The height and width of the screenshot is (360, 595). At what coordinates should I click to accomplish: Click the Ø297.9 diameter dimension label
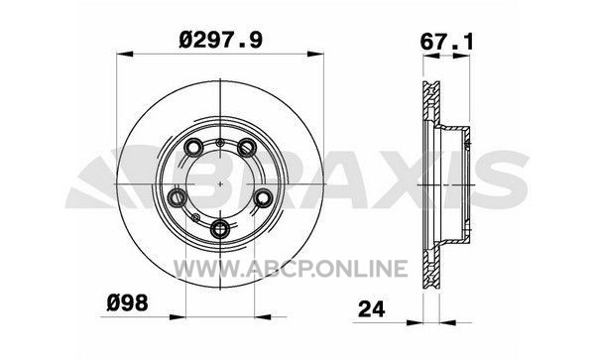(220, 40)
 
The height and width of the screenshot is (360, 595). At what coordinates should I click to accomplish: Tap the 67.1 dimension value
(447, 42)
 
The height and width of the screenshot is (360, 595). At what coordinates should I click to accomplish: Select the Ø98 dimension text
(128, 303)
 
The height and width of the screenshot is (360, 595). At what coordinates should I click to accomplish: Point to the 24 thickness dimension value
(372, 309)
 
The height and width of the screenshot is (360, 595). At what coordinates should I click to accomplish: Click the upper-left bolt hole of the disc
(193, 147)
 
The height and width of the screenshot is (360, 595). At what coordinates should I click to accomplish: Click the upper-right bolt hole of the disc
(247, 147)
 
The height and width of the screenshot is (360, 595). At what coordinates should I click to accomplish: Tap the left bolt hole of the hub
(177, 197)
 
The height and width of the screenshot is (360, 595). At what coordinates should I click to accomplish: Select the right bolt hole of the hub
(263, 197)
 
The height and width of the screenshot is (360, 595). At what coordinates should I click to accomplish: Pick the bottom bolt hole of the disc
(220, 229)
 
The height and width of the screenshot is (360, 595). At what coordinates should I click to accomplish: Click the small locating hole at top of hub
(220, 143)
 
